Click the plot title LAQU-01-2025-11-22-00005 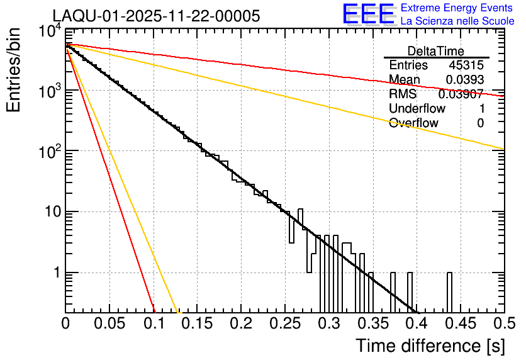click(x=156, y=16)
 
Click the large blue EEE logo click(x=368, y=14)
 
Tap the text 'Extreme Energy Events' click(x=457, y=8)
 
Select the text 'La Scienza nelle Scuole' click(x=457, y=21)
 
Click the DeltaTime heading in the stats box click(x=436, y=51)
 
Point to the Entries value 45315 click(x=466, y=65)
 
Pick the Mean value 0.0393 click(x=464, y=80)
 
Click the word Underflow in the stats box click(x=417, y=109)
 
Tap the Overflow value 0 click(x=480, y=123)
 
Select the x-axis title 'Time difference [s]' click(x=429, y=346)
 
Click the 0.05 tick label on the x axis click(x=109, y=324)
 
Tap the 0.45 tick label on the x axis click(x=460, y=324)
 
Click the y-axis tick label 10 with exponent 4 click(x=50, y=31)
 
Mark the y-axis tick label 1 click(x=55, y=273)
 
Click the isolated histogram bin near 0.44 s click(x=450, y=292)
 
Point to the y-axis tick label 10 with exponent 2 click(x=50, y=152)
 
